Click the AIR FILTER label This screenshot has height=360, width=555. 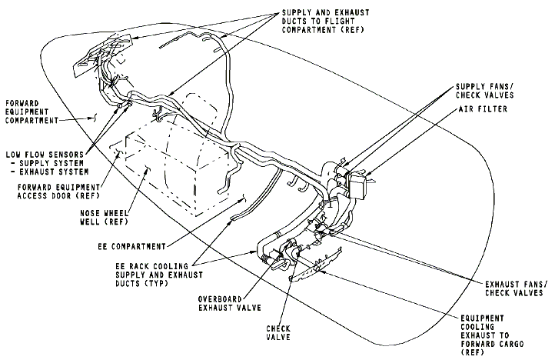coord(484,109)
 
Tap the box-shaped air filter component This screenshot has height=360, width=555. coord(357,185)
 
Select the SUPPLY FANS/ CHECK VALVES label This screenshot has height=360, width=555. coord(484,91)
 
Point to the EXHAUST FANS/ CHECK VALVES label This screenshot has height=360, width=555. coord(514,288)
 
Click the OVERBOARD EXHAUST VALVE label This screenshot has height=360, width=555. coord(229,303)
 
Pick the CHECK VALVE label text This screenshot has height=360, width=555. coord(278,333)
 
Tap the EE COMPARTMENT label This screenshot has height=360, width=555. coord(131,246)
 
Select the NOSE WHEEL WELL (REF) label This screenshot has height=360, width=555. coord(104,218)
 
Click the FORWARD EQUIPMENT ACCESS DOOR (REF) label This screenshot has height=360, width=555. coord(58,192)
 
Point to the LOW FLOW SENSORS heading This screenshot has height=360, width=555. coord(45,155)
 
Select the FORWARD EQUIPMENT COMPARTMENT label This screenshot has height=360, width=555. coord(32,112)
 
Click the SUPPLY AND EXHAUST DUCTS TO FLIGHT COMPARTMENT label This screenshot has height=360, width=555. coord(326,22)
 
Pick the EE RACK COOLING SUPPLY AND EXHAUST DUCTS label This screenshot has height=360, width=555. coord(159,275)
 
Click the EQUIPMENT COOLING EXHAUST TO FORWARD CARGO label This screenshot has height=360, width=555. coord(492,335)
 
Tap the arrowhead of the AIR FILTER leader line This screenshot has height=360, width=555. coord(367,174)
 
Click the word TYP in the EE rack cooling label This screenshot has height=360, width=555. coord(156,284)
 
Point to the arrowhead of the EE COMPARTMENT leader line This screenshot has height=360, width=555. coord(244,198)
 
